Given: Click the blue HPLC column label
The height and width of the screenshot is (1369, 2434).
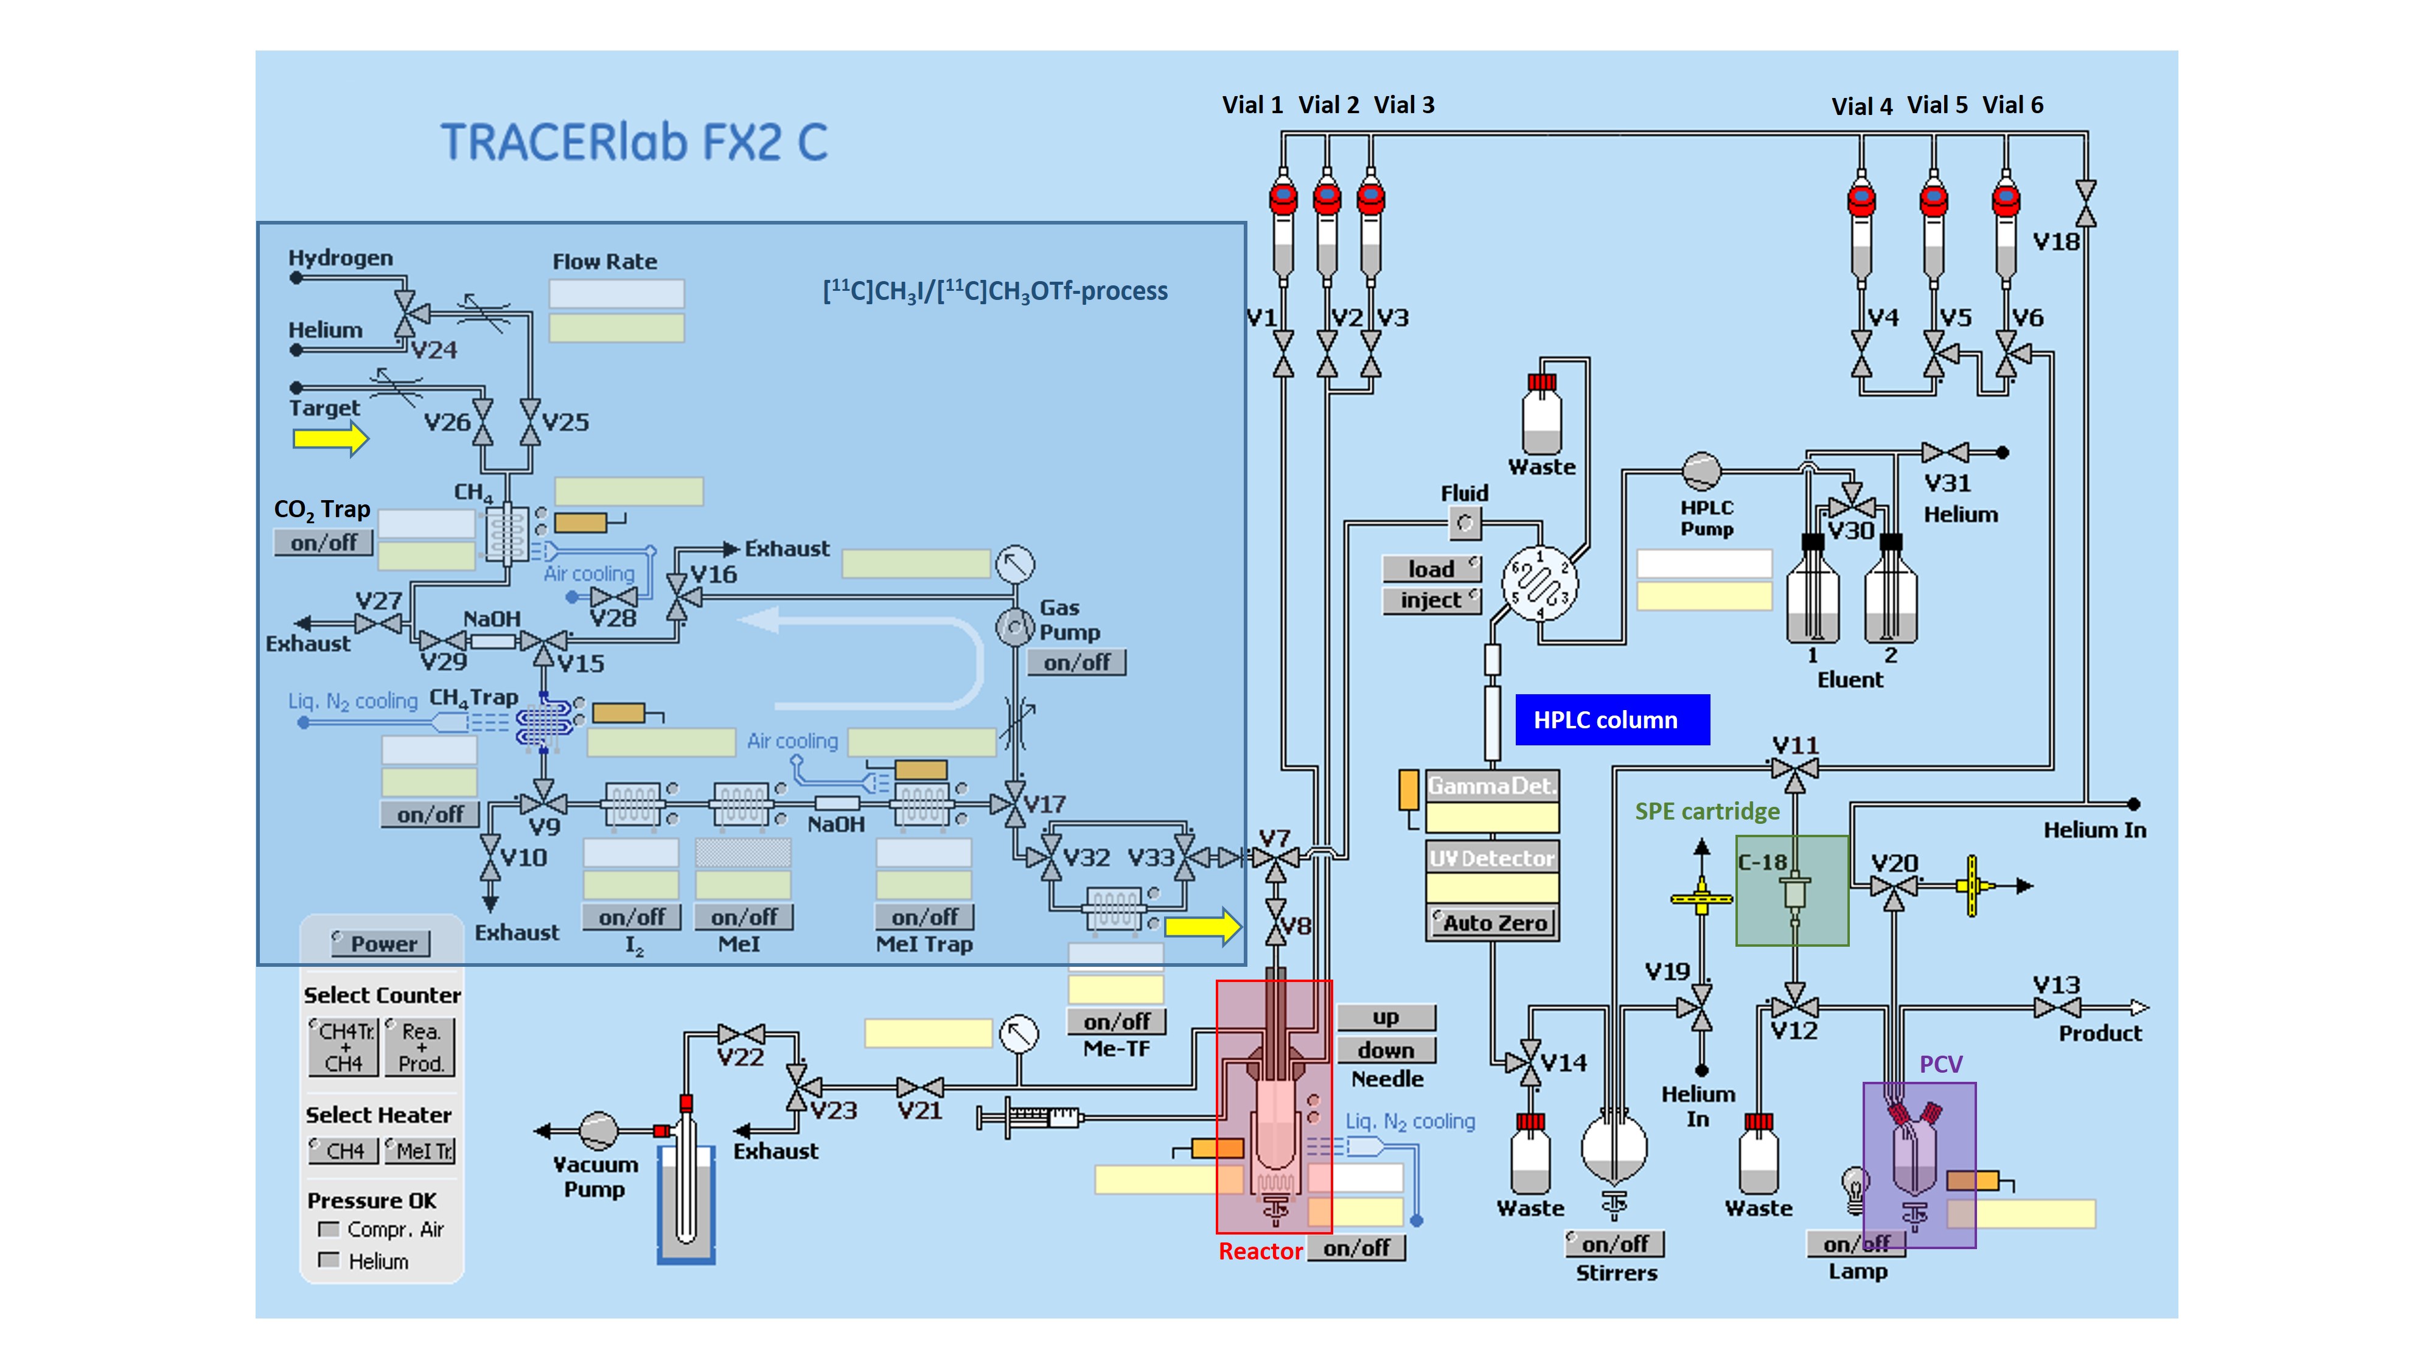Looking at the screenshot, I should [1612, 720].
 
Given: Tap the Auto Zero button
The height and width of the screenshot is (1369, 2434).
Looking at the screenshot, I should [1493, 922].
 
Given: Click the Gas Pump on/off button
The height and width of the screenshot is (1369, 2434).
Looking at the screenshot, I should [1076, 663].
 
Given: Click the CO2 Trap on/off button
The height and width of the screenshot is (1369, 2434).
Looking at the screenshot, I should [323, 542].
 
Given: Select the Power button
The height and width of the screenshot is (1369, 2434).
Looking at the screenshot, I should [382, 943].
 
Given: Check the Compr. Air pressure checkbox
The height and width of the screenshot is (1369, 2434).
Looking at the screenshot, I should [329, 1229].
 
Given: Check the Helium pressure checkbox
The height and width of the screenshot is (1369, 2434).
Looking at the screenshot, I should [329, 1260].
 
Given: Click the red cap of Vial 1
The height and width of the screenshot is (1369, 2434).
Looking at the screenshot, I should [1283, 198].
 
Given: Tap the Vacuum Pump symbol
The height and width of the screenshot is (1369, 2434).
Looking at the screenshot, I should [598, 1130].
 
